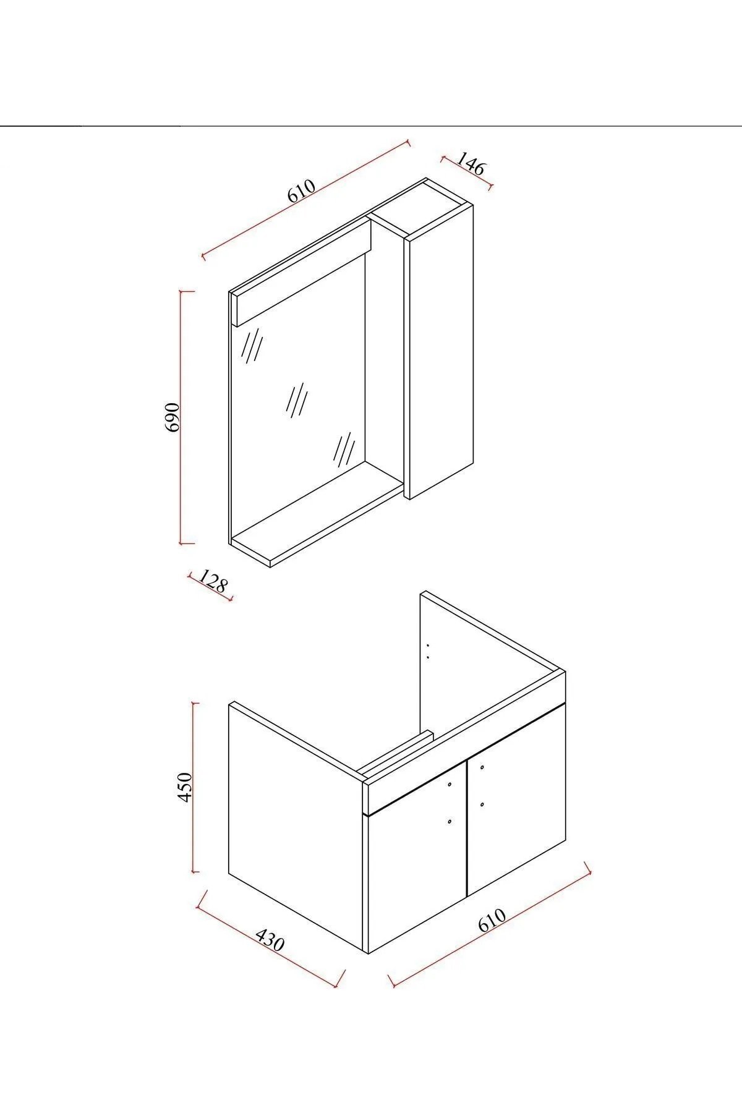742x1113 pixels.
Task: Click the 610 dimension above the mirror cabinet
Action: click(x=302, y=190)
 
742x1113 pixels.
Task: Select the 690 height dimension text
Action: click(x=172, y=417)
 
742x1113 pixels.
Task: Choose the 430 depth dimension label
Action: click(x=270, y=940)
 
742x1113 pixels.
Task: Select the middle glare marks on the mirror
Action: click(x=297, y=399)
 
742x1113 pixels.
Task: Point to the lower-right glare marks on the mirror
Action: click(x=344, y=450)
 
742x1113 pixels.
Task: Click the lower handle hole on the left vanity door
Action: click(x=449, y=822)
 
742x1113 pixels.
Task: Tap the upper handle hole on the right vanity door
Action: click(x=482, y=767)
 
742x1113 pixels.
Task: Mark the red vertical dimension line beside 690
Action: click(x=181, y=417)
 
